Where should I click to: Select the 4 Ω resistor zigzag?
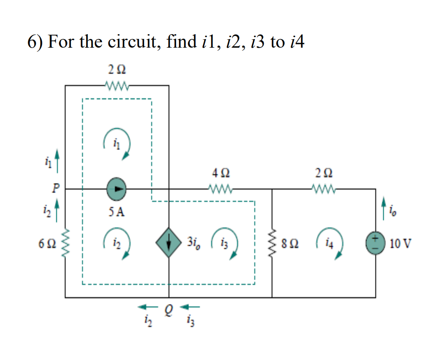(221, 189)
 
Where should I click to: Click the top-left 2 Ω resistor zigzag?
(116, 85)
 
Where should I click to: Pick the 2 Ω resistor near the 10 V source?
(323, 189)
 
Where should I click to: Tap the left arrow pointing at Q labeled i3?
(190, 306)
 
